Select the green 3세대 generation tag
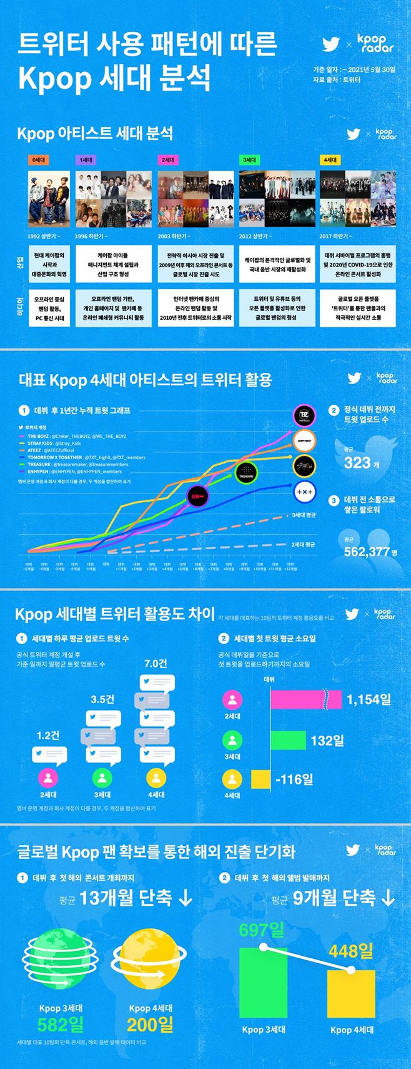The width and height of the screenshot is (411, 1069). pos(249,160)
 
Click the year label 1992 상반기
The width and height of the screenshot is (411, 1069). pos(44,236)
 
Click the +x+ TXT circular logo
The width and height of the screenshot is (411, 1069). pos(304,492)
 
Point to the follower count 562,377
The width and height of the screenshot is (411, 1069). pos(367,551)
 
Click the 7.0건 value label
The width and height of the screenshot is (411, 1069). pos(156,664)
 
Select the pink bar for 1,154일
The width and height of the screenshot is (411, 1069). pos(305,700)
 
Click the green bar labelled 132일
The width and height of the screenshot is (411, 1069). pos(288,741)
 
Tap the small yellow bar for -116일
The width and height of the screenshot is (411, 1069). pos(260,779)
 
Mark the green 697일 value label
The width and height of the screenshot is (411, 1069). pos(261,930)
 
